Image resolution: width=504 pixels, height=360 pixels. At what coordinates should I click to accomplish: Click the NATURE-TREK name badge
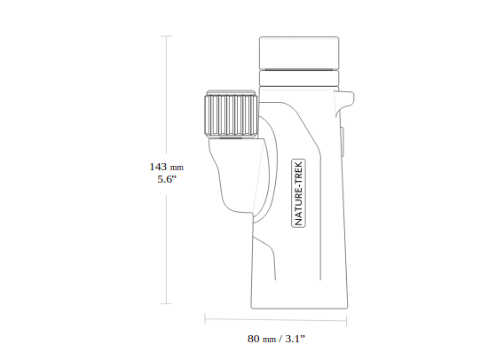pos(299,193)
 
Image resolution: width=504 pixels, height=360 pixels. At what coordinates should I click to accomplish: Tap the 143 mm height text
pos(166,167)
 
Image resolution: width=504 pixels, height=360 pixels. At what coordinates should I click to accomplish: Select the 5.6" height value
pos(167,179)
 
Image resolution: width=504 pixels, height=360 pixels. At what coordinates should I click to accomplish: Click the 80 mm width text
pos(262,339)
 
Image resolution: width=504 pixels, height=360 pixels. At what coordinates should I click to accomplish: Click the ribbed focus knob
pos(231,115)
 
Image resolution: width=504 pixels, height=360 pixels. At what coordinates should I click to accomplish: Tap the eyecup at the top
pos(299,53)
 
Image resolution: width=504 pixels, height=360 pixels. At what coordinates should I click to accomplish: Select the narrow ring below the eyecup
pos(299,78)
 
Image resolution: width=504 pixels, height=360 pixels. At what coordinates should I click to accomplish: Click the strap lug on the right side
pos(344,102)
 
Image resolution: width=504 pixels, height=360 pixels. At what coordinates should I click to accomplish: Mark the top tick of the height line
pos(166,36)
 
